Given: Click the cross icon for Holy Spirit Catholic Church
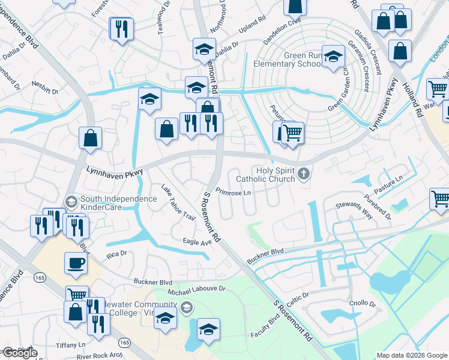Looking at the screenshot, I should tap(304, 175).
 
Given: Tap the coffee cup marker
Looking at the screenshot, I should tap(76, 263).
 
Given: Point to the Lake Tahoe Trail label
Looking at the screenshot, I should tap(178, 202).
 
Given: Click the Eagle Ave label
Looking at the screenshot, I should tap(197, 242).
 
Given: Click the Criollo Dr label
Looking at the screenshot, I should tap(363, 304).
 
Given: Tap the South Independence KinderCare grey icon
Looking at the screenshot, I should tap(71, 200).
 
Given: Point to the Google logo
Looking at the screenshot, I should tap(20, 353).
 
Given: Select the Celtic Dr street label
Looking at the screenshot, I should tap(297, 296).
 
